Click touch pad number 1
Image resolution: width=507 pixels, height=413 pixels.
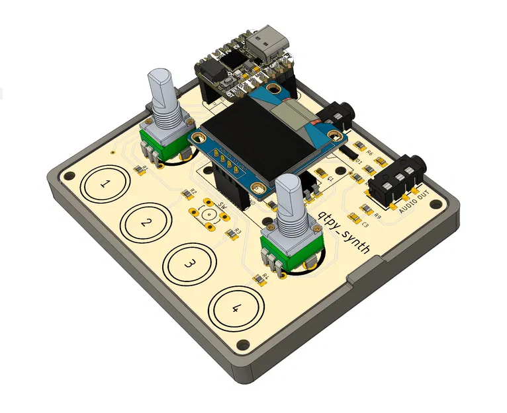[105, 186]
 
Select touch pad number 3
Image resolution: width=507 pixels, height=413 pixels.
[189, 264]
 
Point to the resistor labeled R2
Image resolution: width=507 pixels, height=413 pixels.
[185, 194]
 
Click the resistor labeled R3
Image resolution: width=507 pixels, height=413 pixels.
[230, 233]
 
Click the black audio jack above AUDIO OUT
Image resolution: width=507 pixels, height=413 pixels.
[396, 178]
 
